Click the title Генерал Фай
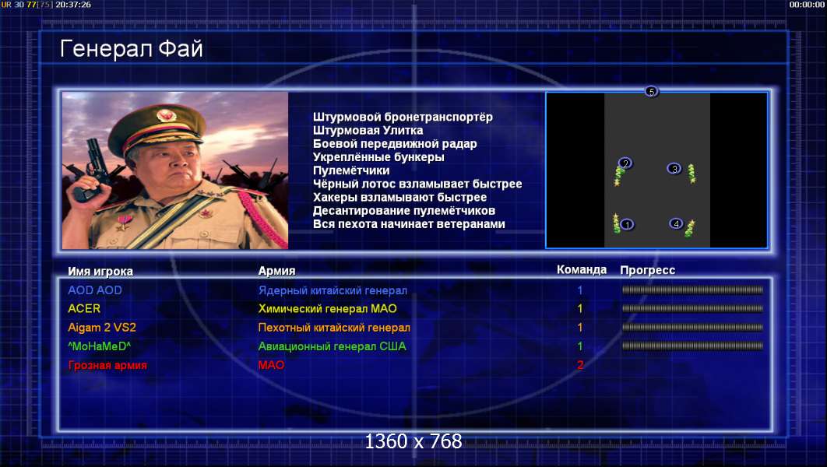pos(132,49)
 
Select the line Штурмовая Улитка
pos(368,130)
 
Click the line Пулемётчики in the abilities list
pos(351,170)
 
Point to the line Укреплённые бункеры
pos(378,157)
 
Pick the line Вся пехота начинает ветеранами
pos(409,224)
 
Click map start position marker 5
pos(652,92)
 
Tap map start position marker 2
pos(625,163)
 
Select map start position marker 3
pos(674,169)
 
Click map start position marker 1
pos(627,224)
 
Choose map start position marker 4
pos(676,224)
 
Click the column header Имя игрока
pos(100,272)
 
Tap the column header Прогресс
pos(647,270)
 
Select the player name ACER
pos(84,309)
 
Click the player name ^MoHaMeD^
pos(99,346)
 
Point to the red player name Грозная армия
pos(107,365)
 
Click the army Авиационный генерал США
pos(332,346)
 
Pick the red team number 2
pos(580,365)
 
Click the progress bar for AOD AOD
pos(692,290)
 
